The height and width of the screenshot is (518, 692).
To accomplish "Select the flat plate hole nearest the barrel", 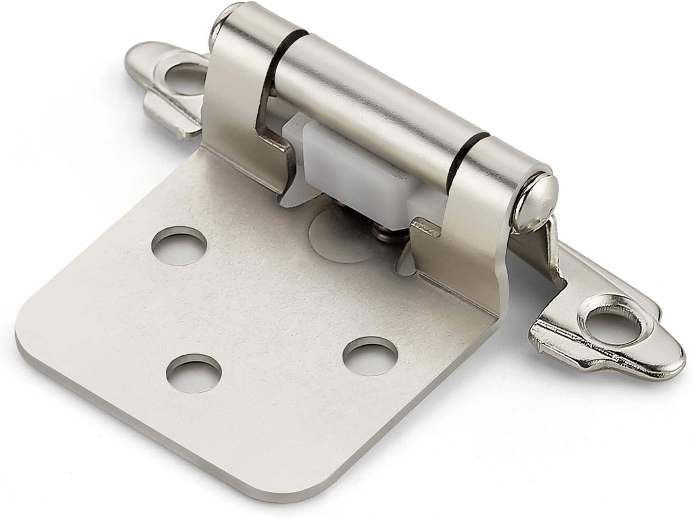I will coord(179,246).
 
